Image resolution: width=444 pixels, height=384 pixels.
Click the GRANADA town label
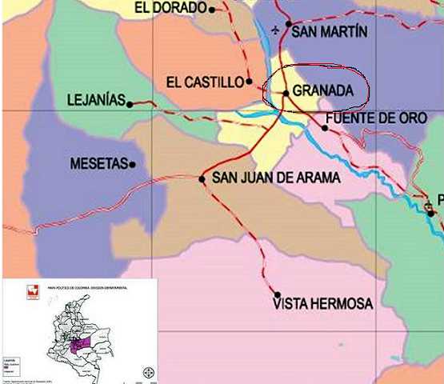pos(322,91)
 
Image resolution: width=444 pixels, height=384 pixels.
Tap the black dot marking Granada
pos(286,93)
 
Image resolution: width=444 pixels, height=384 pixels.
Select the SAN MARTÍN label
pos(330,32)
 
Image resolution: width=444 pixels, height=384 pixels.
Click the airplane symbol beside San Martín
pos(277,31)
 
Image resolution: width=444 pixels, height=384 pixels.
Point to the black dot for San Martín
pos(289,24)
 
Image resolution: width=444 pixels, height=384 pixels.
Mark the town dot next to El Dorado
pos(212,10)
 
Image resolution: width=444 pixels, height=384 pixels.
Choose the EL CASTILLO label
pos(204,82)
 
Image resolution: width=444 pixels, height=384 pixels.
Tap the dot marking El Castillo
pos(250,81)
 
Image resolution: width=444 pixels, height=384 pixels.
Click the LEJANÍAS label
pos(96,101)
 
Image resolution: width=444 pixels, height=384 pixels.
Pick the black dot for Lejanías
pos(130,102)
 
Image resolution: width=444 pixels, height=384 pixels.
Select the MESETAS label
pos(99,164)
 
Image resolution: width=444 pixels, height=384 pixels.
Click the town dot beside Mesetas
pos(132,165)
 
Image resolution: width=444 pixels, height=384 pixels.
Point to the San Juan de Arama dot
pos(202,178)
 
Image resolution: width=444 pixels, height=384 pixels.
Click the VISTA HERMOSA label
pos(322,305)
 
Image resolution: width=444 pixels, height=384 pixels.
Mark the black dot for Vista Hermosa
pos(277,294)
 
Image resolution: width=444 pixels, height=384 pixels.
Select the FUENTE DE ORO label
pos(377,118)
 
